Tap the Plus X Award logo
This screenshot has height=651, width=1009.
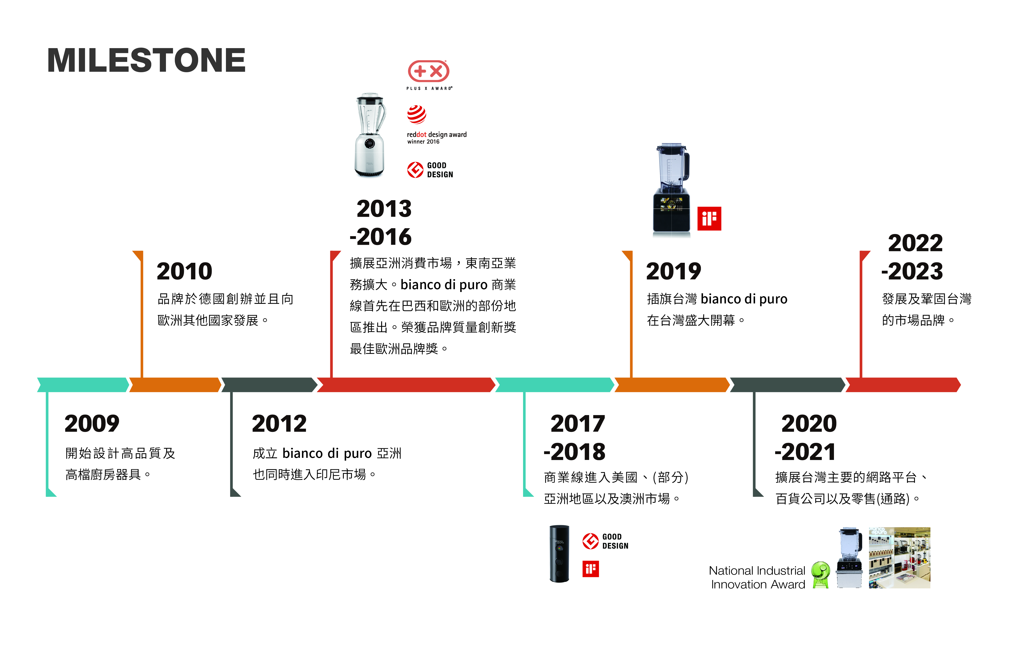(429, 75)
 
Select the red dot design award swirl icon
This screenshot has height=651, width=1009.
(416, 114)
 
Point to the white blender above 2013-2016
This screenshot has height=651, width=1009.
(370, 134)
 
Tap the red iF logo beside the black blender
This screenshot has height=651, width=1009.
(709, 219)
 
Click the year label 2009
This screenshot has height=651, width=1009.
(92, 423)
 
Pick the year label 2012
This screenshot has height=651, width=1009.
(279, 423)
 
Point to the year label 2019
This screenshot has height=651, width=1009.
(674, 271)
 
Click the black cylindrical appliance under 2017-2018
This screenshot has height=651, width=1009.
(559, 554)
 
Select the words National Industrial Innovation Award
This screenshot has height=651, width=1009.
(757, 577)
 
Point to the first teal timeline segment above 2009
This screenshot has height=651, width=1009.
(83, 385)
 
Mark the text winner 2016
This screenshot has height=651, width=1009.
(423, 142)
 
